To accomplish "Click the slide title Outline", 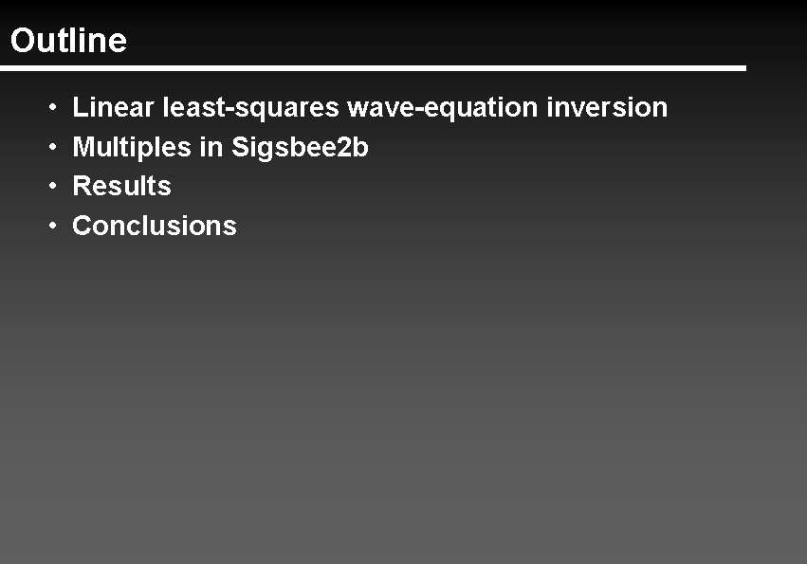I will pyautogui.click(x=68, y=41).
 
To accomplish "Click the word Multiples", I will pyautogui.click(x=131, y=148).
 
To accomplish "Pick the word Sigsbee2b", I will pyautogui.click(x=300, y=148).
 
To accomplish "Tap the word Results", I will pyautogui.click(x=121, y=186).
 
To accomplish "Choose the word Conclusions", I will pyautogui.click(x=155, y=226).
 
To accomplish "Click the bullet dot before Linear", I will pyautogui.click(x=53, y=108).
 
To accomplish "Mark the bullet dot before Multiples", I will pyautogui.click(x=53, y=148).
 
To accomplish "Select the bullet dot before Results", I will pyautogui.click(x=53, y=187).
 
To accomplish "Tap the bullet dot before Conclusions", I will pyautogui.click(x=53, y=227).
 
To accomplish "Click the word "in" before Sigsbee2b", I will pyautogui.click(x=211, y=148).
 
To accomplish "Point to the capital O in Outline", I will pyautogui.click(x=22, y=41).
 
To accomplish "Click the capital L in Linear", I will pyautogui.click(x=80, y=107).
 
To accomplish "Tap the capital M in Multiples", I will pyautogui.click(x=83, y=148).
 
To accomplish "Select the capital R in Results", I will pyautogui.click(x=82, y=186).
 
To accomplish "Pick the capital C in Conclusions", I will pyautogui.click(x=83, y=226).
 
